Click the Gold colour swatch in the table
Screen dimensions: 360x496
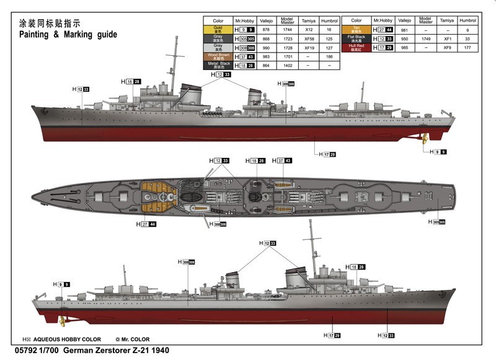click(218, 29)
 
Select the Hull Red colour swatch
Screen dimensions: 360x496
click(356, 47)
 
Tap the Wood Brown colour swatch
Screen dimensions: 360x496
click(218, 56)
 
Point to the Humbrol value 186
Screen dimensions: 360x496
click(329, 56)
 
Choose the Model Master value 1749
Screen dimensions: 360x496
click(425, 38)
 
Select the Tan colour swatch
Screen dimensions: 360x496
click(356, 29)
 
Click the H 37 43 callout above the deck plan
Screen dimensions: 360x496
click(284, 160)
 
